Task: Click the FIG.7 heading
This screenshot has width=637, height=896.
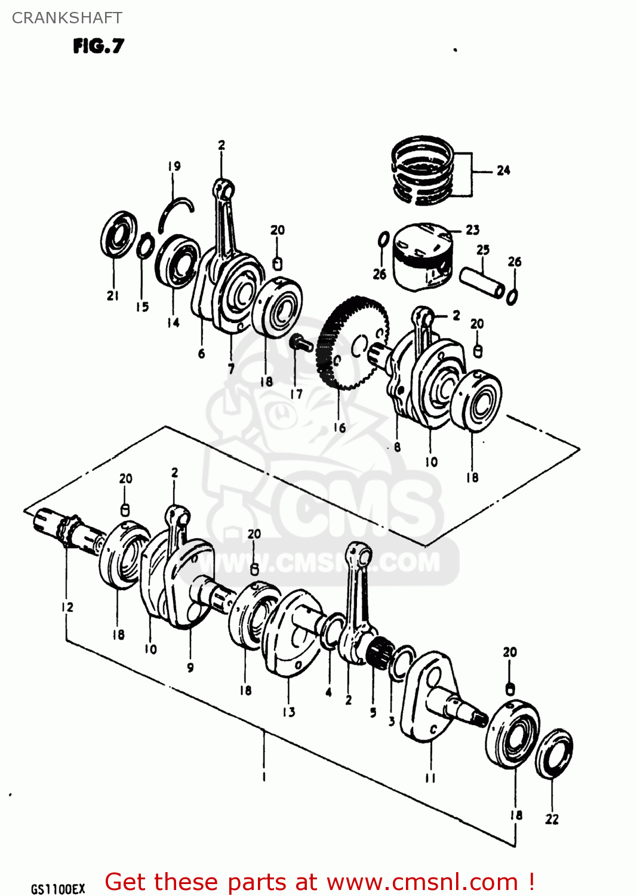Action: (99, 46)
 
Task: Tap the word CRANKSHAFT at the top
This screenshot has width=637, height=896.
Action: (67, 18)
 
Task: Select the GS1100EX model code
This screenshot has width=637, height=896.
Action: (58, 889)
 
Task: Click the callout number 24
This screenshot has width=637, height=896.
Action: (503, 171)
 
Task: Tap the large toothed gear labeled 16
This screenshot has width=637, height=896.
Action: (352, 343)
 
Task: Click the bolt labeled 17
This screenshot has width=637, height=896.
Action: (300, 343)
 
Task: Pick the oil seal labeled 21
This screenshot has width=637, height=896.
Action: (118, 235)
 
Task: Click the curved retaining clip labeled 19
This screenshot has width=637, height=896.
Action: (177, 212)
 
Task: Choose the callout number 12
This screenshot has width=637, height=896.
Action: (67, 607)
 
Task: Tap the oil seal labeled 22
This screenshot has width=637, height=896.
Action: (554, 754)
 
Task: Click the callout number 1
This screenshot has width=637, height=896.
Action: (263, 777)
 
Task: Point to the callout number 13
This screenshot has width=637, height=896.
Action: (289, 712)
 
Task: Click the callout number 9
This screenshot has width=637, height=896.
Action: (190, 667)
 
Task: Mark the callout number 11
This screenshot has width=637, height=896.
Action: (430, 778)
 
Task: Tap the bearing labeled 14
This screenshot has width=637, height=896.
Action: (177, 261)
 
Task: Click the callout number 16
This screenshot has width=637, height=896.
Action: (339, 428)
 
